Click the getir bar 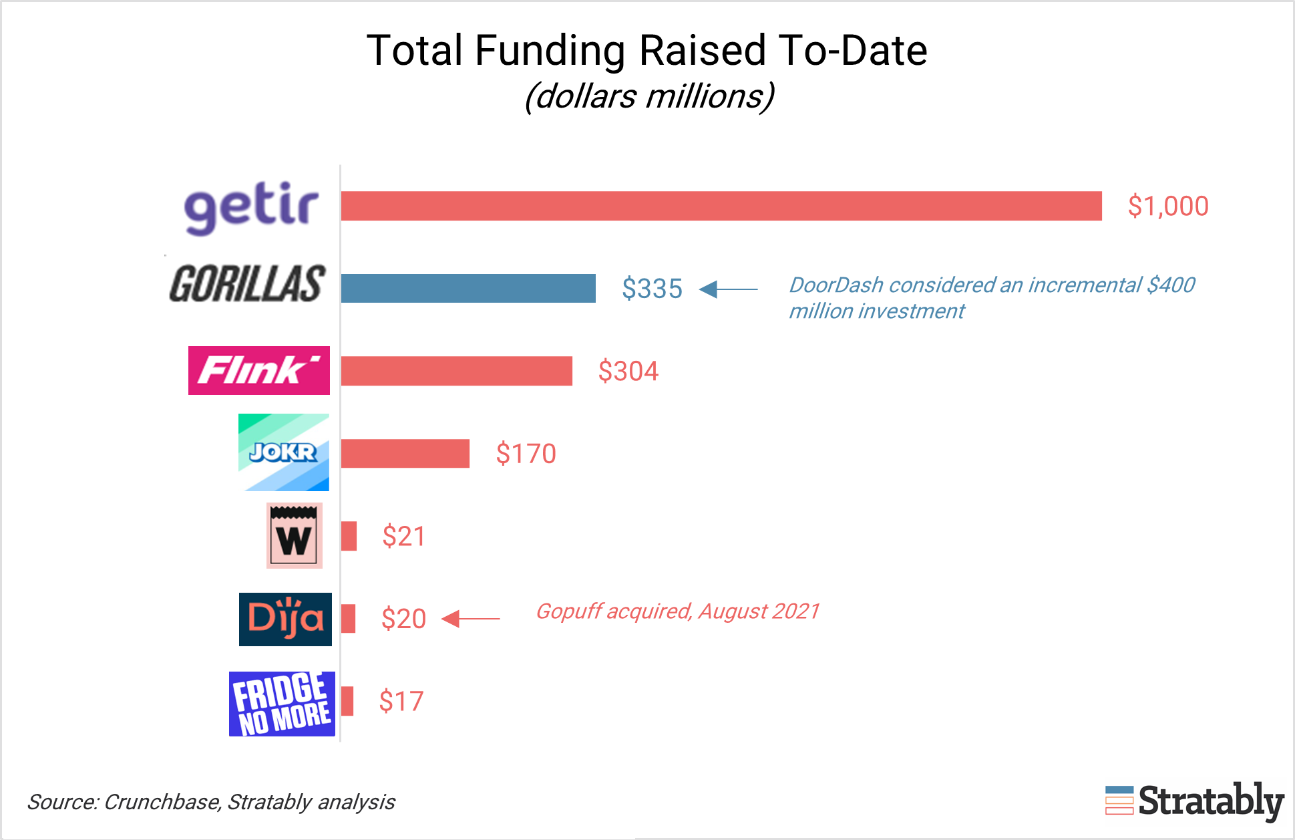(721, 206)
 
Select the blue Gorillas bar (468, 288)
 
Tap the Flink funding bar (457, 371)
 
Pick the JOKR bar (405, 454)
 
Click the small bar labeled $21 (349, 536)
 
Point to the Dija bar (348, 619)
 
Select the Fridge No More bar (347, 701)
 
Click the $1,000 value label (1168, 206)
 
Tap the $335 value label (652, 289)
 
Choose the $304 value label (628, 371)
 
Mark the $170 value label (526, 454)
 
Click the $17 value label (401, 702)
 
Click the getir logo (251, 207)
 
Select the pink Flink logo (258, 370)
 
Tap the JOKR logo (284, 452)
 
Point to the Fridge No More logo (282, 704)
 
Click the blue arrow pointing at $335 (728, 289)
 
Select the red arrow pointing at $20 (471, 619)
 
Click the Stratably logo (1194, 801)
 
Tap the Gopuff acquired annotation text (678, 611)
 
